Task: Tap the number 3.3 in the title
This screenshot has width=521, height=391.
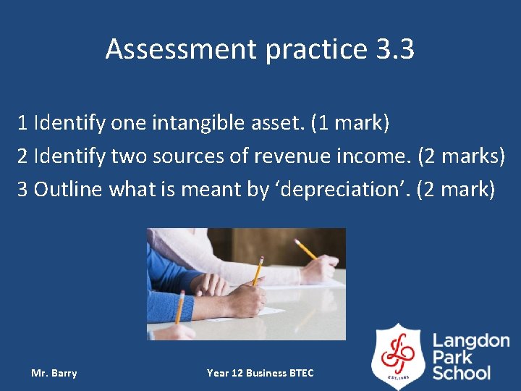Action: (x=395, y=49)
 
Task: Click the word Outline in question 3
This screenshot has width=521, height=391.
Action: (x=69, y=189)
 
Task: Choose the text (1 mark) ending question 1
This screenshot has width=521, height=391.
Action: (x=350, y=123)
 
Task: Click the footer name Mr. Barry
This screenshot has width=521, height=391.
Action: (x=54, y=373)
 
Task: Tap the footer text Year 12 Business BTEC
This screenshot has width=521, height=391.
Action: (x=260, y=373)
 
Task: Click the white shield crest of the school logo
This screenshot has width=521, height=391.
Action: (x=397, y=356)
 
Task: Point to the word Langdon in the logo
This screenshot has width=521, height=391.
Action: (x=471, y=340)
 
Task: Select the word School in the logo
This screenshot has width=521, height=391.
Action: (x=462, y=373)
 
